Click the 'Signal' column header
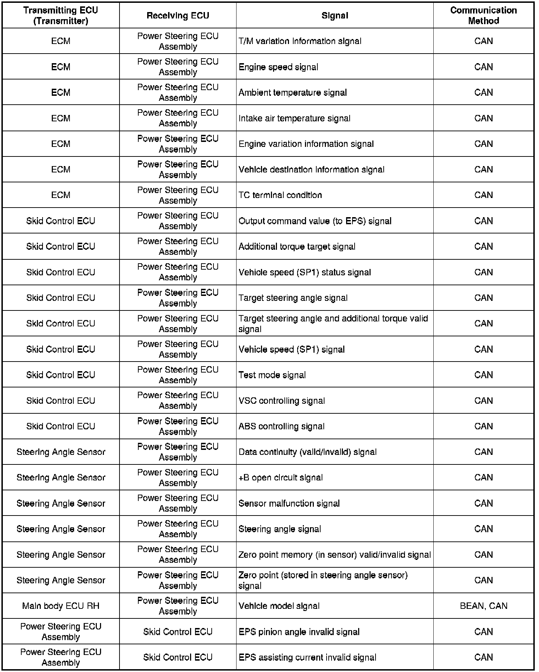coord(335,16)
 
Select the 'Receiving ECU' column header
coord(178,16)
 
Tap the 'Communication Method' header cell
coord(483,16)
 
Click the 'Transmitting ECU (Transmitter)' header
coord(61,16)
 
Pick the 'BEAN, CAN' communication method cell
coord(483,606)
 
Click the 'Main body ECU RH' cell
coord(61,606)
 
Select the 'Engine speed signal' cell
coord(278,67)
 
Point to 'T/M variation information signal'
coord(300,41)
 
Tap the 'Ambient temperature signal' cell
coord(293,93)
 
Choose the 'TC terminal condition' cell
coord(280,195)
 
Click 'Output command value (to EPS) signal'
coord(315,221)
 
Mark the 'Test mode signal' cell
coord(272,375)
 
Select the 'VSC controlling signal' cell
coord(282,401)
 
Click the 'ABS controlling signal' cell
coord(282,426)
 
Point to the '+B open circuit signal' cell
coord(280,478)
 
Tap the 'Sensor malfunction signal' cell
coord(289,503)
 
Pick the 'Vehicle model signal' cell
coord(279,606)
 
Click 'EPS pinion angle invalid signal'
coord(299,632)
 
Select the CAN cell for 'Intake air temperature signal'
coord(483,118)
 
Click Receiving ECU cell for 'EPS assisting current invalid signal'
coord(178,657)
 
